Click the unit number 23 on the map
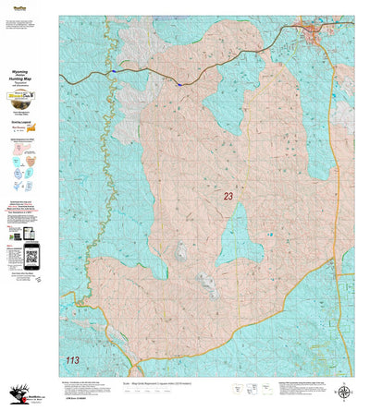pyautogui.click(x=228, y=197)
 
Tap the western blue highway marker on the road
pyautogui.click(x=112, y=72)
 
